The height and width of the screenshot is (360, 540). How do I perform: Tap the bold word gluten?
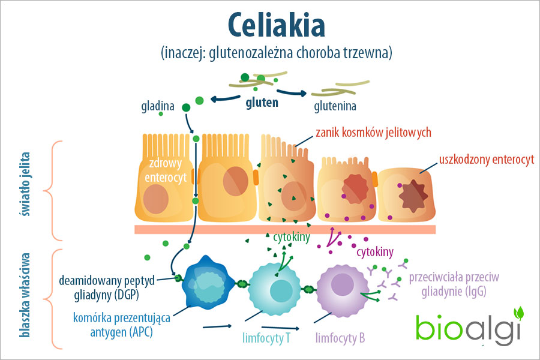click(x=262, y=103)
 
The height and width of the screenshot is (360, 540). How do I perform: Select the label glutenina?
click(x=335, y=107)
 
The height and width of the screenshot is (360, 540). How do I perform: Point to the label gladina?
click(x=158, y=107)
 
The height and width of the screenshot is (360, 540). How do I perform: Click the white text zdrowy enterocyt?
click(x=166, y=170)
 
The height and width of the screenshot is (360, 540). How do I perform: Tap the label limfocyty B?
click(x=340, y=338)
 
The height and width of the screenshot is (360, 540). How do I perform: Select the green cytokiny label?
click(x=292, y=238)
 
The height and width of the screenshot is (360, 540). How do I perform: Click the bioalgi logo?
click(x=469, y=327)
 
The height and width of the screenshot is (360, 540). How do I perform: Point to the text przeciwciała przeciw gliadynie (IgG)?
click(x=454, y=284)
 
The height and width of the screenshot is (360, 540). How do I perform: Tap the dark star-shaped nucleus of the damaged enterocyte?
click(x=413, y=196)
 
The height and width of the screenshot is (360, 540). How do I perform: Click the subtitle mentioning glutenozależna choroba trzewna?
click(x=276, y=53)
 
